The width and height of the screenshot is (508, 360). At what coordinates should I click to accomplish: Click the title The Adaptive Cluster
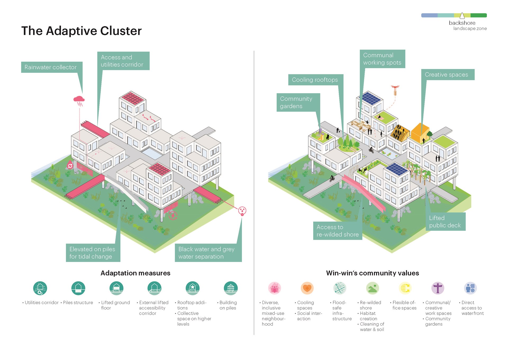pyautogui.click(x=81, y=31)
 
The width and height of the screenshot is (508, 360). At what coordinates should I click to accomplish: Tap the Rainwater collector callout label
pyautogui.click(x=51, y=67)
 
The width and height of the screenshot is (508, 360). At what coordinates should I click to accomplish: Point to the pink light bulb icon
pyautogui.click(x=242, y=211)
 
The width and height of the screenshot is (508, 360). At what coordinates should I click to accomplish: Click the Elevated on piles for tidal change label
pyautogui.click(x=93, y=253)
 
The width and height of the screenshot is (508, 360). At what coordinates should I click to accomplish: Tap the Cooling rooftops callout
pyautogui.click(x=315, y=80)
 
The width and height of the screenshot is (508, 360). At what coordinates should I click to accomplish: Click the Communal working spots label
pyautogui.click(x=382, y=59)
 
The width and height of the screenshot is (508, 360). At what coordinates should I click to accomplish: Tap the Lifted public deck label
pyautogui.click(x=445, y=222)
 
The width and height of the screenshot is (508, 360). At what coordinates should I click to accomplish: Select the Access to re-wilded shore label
pyautogui.click(x=337, y=231)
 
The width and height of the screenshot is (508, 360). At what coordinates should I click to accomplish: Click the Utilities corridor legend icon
pyautogui.click(x=40, y=288)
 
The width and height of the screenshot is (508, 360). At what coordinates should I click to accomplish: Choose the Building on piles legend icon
pyautogui.click(x=231, y=288)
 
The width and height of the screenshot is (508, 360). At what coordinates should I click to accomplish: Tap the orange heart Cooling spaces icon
pyautogui.click(x=307, y=288)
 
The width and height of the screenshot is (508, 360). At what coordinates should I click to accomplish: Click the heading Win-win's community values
pyautogui.click(x=373, y=273)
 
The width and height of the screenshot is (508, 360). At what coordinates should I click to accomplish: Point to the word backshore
pyautogui.click(x=462, y=23)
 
